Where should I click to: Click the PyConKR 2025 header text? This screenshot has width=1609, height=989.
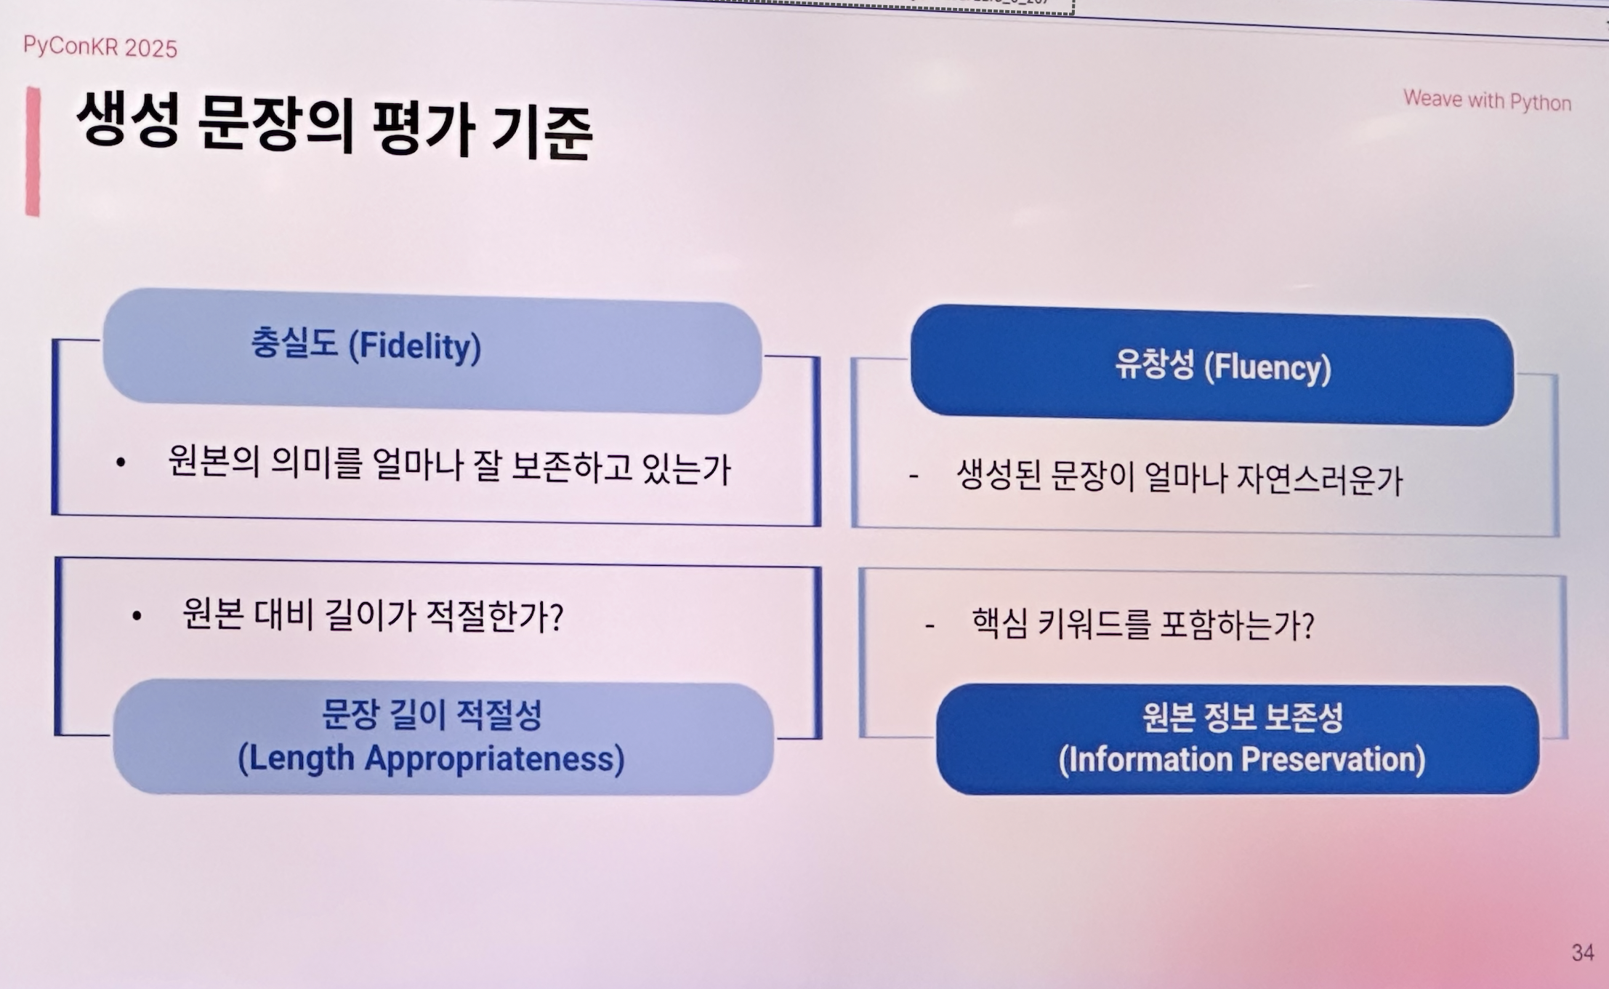100,47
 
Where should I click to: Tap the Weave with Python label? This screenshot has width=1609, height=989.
1487,100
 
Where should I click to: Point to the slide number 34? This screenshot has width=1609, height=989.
1583,953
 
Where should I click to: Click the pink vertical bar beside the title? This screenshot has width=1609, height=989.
33,151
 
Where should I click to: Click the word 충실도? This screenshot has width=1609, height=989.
294,343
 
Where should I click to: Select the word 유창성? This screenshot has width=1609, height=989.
1155,364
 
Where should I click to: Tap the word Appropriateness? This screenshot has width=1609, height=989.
494,759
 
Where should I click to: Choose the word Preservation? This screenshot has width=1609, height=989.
1334,760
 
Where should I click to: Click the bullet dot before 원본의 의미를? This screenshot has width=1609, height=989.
121,462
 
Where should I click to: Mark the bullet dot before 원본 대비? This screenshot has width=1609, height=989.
137,617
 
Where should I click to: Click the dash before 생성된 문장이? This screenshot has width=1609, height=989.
914,476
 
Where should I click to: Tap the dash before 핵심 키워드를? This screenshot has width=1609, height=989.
929,625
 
